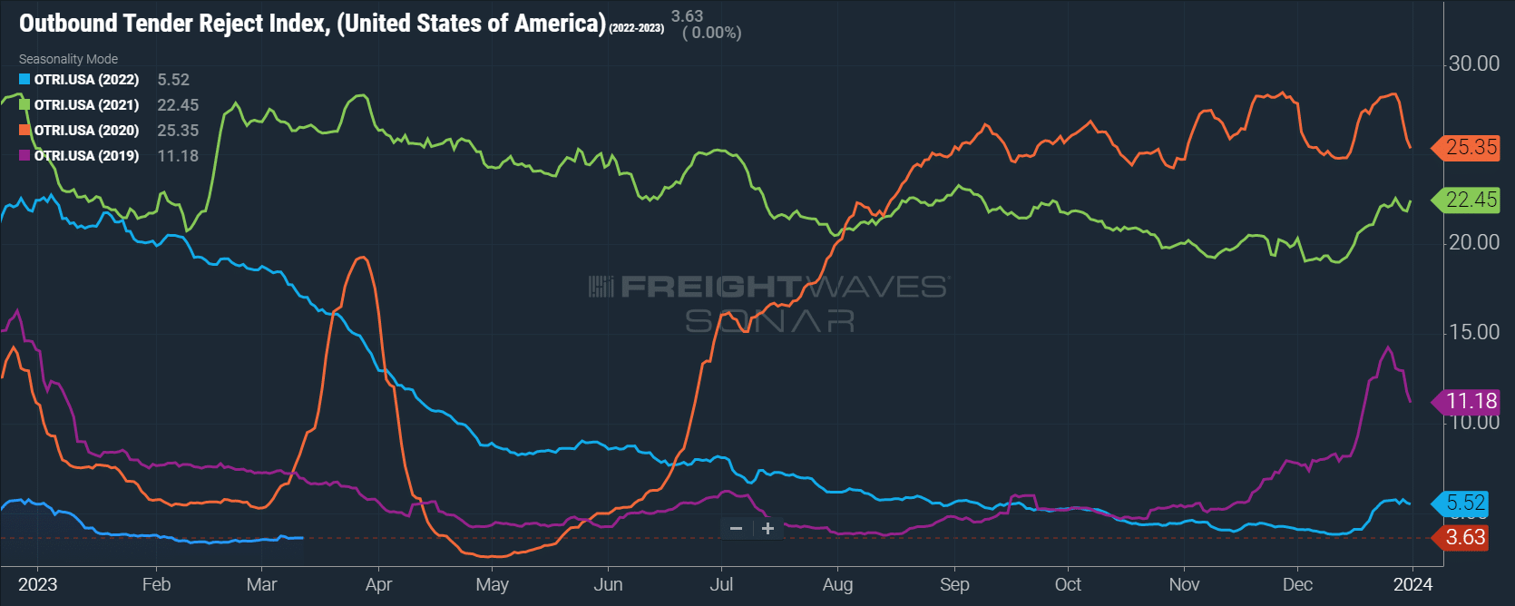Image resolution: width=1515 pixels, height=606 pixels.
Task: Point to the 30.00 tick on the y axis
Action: [x=1474, y=64]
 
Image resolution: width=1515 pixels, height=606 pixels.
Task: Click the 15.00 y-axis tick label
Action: [x=1474, y=332]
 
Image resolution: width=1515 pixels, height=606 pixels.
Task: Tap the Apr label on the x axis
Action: [x=379, y=584]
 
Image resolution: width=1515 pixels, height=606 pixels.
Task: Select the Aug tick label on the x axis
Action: [x=837, y=584]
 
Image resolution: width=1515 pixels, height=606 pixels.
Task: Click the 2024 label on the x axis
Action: [x=1412, y=584]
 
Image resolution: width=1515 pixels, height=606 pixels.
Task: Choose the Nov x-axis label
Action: [x=1184, y=584]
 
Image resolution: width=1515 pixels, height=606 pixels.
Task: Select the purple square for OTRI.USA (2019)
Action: [x=24, y=155]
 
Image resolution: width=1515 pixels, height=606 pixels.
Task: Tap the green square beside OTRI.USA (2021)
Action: [x=24, y=105]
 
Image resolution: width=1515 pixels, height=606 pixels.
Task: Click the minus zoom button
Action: [x=737, y=528]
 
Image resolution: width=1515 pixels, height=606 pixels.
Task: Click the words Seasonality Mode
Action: [x=68, y=59]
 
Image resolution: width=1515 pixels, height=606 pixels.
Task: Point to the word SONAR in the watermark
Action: [x=769, y=320]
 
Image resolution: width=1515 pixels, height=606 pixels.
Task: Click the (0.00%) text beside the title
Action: [x=711, y=34]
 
